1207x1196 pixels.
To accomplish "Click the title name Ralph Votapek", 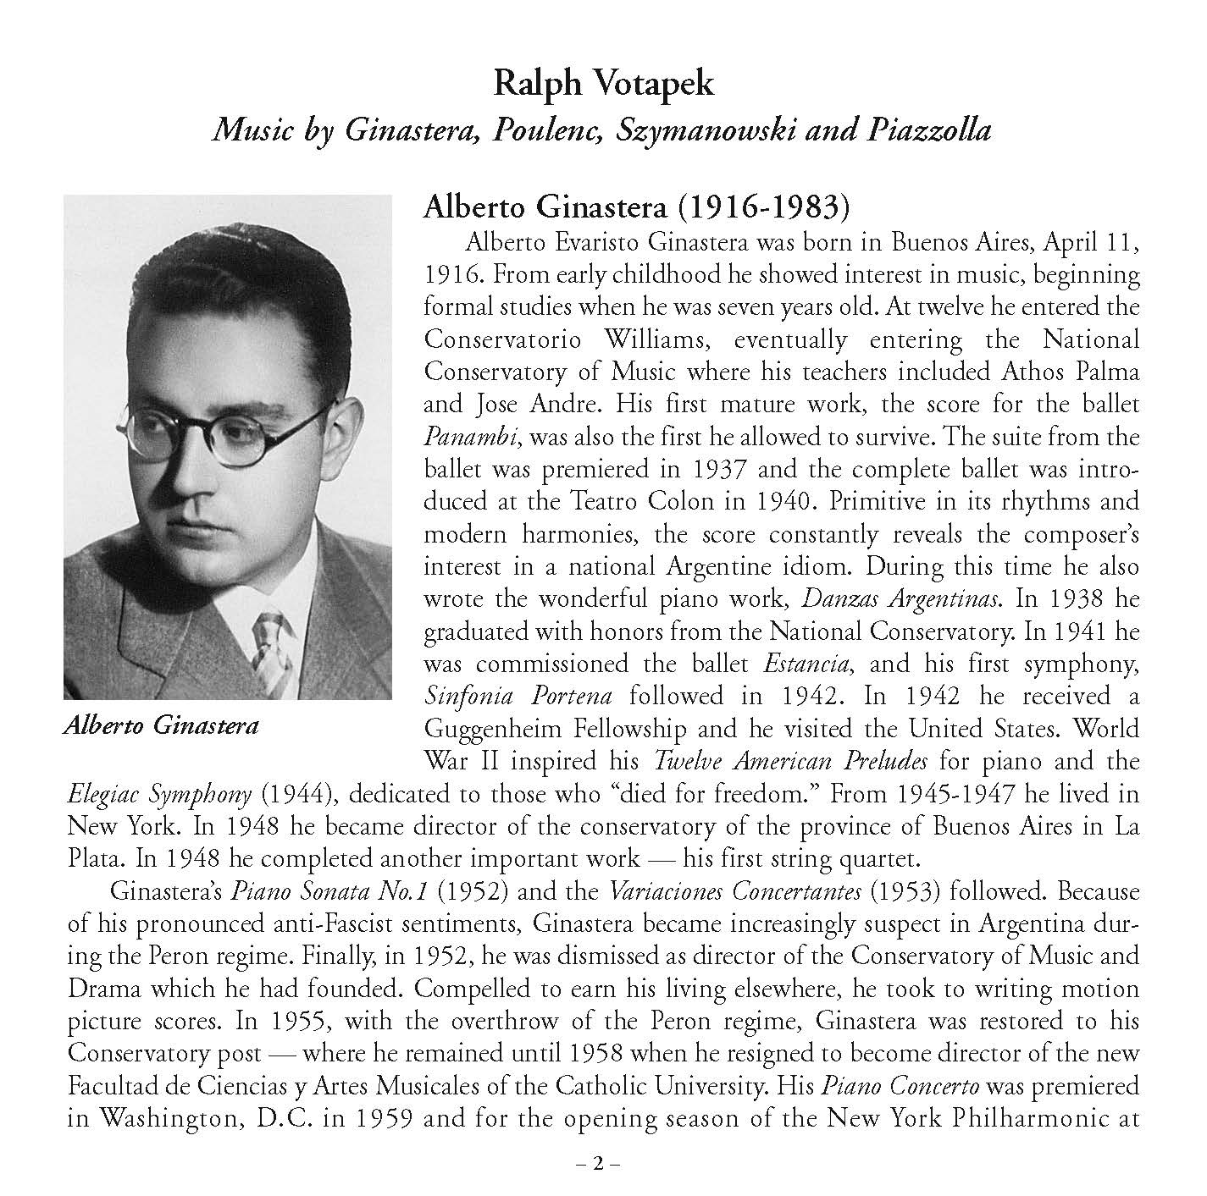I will pos(603,84).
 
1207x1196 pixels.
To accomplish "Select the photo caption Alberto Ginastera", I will pos(161,725).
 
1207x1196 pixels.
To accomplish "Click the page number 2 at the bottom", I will pos(598,1164).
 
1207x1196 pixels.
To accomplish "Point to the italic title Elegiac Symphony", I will pos(159,793).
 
